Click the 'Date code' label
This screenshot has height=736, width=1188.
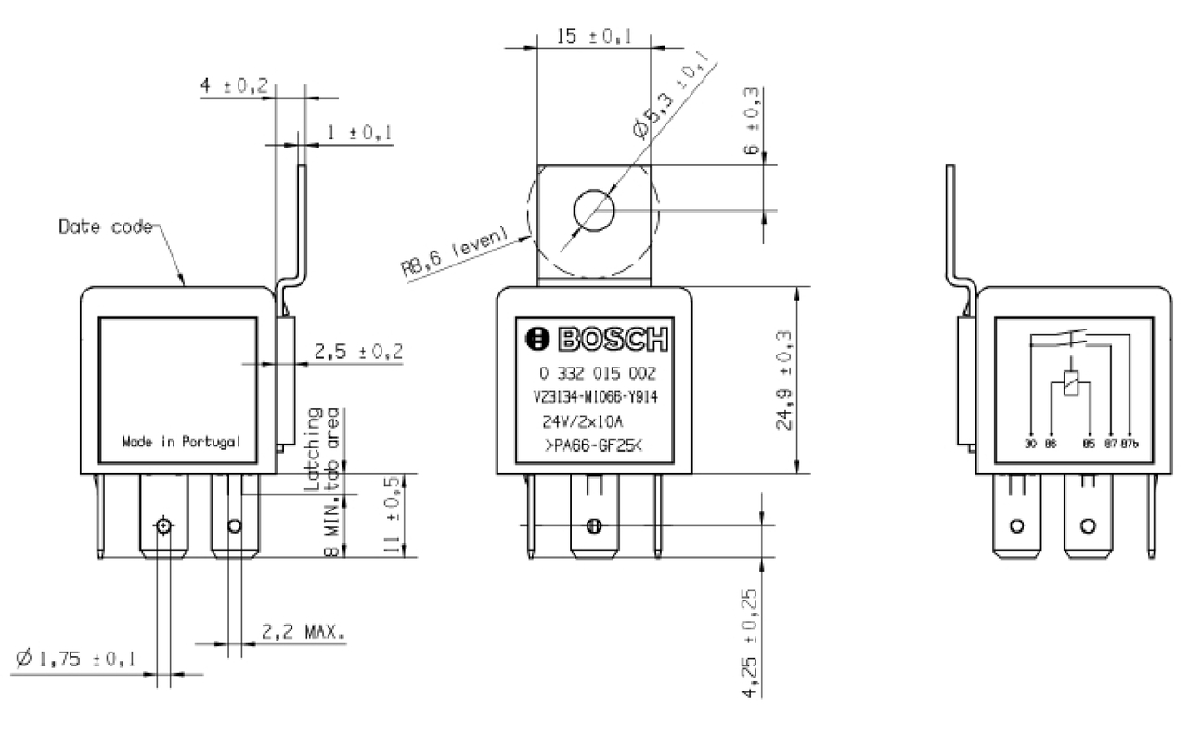[103, 226]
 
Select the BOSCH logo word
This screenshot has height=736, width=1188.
[596, 341]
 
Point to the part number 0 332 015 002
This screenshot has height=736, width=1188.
[596, 375]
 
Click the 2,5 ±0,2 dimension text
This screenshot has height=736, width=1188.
[358, 351]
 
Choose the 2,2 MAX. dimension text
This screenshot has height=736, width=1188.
[302, 635]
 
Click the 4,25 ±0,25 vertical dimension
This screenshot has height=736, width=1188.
[752, 640]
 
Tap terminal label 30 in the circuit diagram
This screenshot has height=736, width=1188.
[1030, 445]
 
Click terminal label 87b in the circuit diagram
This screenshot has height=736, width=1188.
[1129, 445]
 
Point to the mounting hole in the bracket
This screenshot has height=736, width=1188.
[594, 211]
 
